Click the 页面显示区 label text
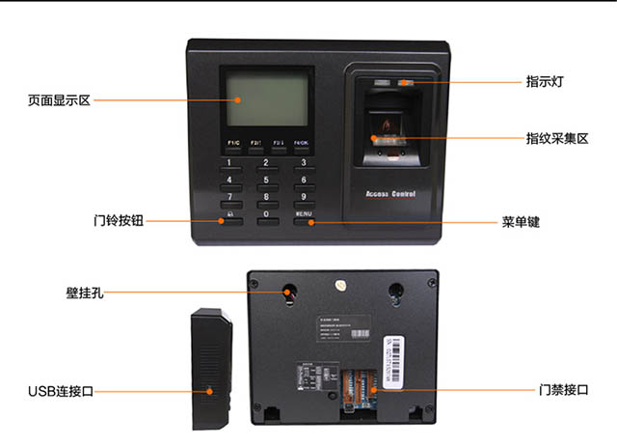[58, 100]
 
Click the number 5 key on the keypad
[267, 181]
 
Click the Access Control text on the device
[391, 194]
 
